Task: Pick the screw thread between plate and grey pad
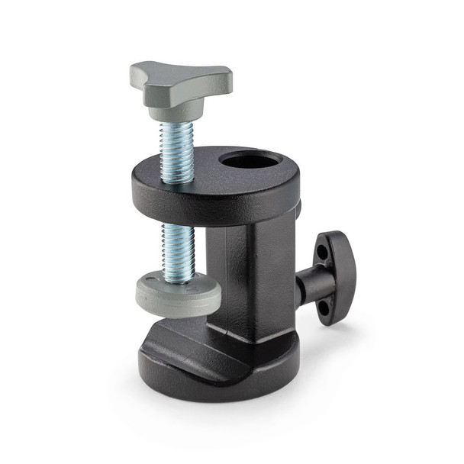(179, 249)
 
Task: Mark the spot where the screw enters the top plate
(176, 181)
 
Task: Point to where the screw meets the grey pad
(179, 276)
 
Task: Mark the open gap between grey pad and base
(183, 321)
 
